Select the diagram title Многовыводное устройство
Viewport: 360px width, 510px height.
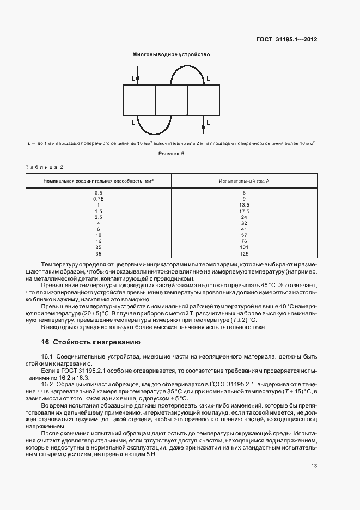pyautogui.click(x=171, y=54)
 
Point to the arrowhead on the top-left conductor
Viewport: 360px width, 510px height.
pyautogui.click(x=138, y=78)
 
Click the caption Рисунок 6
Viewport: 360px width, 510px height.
pyautogui.click(x=172, y=154)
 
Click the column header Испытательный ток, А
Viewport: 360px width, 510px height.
pyautogui.click(x=244, y=180)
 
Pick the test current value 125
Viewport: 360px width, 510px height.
pyautogui.click(x=244, y=253)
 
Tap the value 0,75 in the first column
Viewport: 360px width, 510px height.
pyautogui.click(x=98, y=199)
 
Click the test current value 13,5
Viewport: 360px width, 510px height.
pyautogui.click(x=244, y=205)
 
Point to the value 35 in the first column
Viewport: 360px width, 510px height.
pyautogui.click(x=98, y=253)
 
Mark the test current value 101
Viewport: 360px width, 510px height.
pyautogui.click(x=244, y=247)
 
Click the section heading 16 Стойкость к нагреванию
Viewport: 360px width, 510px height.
pyautogui.click(x=91, y=342)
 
